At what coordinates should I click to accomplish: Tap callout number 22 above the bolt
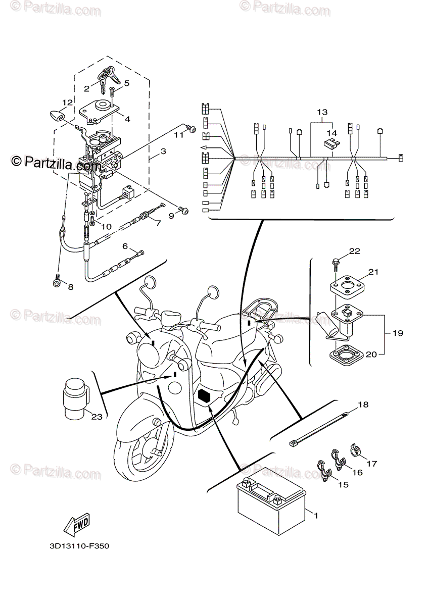coord(354,250)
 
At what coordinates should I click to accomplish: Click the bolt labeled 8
coord(57,284)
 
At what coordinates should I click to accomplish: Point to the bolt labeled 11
coord(192,129)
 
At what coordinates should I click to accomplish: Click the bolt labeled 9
coord(184,211)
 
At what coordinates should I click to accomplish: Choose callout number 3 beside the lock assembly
coord(163,151)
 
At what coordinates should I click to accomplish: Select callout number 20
coord(371,355)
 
